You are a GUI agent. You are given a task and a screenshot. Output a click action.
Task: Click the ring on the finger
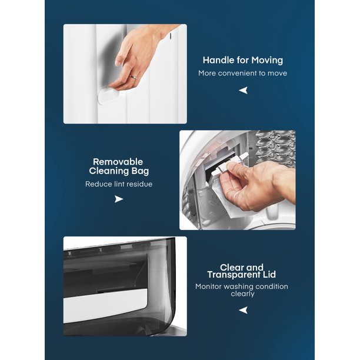(x=133, y=76)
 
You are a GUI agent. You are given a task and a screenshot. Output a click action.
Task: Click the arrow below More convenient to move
(x=243, y=90)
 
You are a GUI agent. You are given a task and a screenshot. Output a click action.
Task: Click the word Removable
(x=118, y=162)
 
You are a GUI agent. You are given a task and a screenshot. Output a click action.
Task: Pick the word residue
(x=139, y=184)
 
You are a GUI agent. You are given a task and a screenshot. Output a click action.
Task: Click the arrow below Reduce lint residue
(x=119, y=199)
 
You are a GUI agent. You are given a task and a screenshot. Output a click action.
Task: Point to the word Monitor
(x=208, y=286)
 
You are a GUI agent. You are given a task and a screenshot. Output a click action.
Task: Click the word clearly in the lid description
(x=243, y=294)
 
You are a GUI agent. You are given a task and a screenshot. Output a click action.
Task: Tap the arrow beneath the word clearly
(x=243, y=310)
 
